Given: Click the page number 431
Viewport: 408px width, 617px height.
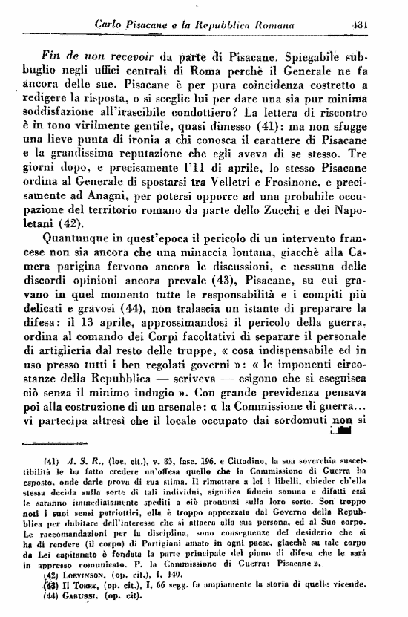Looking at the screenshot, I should tap(362, 10).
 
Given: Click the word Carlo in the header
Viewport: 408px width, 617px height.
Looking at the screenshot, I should tap(112, 10).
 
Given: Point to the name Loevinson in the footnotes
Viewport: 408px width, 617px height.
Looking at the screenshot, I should tap(87, 575).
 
